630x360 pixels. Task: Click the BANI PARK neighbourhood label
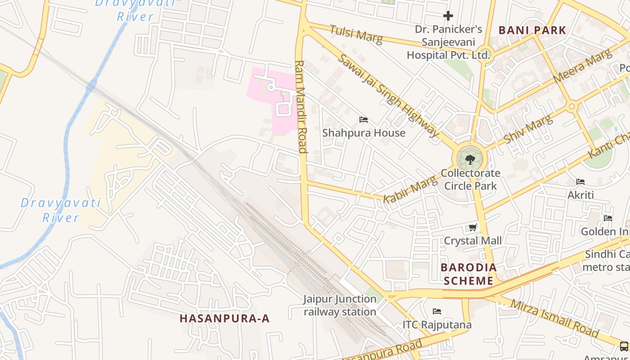532,31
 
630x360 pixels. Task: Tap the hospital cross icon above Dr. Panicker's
448,16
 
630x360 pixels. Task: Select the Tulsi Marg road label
356,35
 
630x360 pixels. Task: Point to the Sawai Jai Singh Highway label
387,96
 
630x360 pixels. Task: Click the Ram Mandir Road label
300,107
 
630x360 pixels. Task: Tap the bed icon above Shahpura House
364,120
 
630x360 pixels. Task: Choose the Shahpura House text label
364,133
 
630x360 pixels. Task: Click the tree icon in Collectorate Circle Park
470,159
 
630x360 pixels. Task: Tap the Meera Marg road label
582,66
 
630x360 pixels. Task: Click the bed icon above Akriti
580,182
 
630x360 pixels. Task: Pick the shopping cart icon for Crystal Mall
472,228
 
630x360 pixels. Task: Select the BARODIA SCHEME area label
469,274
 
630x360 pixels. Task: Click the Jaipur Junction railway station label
340,305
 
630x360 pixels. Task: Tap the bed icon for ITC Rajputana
436,311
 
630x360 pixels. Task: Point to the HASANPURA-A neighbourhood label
225,319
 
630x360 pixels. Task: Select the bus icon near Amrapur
624,346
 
